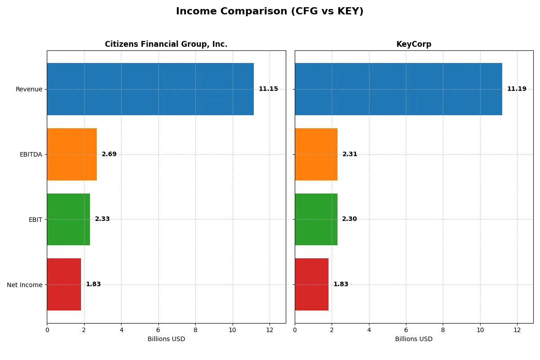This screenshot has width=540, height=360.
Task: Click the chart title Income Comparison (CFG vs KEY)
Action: click(x=270, y=12)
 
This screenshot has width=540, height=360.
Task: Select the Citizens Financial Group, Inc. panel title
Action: click(x=166, y=44)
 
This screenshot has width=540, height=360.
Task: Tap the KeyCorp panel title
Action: click(x=414, y=44)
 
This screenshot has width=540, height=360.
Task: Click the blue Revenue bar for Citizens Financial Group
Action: click(x=150, y=89)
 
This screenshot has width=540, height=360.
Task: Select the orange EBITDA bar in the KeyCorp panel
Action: click(x=316, y=154)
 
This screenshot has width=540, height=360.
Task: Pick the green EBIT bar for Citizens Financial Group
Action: click(x=68, y=219)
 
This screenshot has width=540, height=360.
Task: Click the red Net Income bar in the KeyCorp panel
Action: click(x=311, y=284)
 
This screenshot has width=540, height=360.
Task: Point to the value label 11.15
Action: click(x=268, y=89)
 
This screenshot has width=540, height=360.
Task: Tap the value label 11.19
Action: click(x=517, y=89)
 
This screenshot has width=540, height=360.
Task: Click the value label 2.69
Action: click(x=109, y=154)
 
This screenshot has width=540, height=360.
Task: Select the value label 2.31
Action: click(x=350, y=154)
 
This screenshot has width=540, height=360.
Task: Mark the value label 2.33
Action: click(x=102, y=219)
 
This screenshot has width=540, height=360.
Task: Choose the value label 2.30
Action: click(x=349, y=219)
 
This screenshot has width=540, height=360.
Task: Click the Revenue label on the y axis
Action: click(x=29, y=89)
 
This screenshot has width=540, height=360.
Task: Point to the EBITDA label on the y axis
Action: click(x=31, y=154)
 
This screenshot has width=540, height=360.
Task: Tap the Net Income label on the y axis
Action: click(x=24, y=284)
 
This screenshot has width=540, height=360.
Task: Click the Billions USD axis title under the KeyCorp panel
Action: click(x=414, y=339)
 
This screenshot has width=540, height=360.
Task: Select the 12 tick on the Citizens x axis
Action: click(x=270, y=330)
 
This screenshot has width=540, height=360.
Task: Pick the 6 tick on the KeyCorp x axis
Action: click(x=406, y=330)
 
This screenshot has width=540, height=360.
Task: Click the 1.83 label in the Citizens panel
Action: click(x=93, y=284)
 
